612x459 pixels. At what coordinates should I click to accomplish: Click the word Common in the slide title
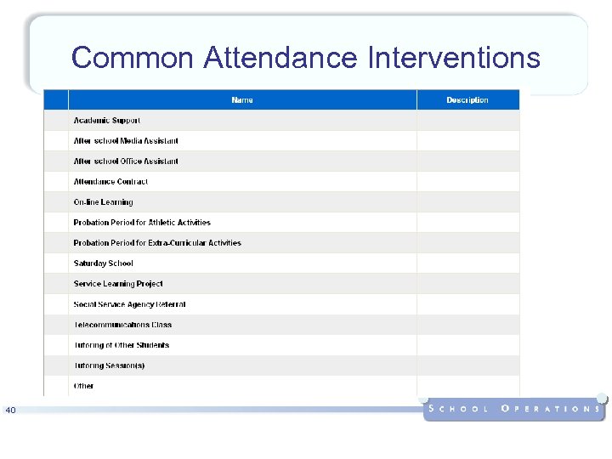(133, 58)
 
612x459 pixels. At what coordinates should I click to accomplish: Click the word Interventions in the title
(454, 58)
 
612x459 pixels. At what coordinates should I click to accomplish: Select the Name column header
(242, 100)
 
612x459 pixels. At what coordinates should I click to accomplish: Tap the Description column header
(467, 100)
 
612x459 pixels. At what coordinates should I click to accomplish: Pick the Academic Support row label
(107, 121)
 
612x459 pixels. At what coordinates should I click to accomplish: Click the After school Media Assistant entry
(126, 141)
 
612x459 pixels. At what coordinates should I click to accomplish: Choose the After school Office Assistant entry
(126, 161)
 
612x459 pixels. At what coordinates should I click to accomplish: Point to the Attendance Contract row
(110, 182)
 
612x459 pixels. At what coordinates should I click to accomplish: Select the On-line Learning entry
(104, 202)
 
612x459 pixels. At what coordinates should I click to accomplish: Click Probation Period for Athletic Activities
(142, 223)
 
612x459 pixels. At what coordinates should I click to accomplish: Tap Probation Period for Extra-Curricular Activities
(157, 243)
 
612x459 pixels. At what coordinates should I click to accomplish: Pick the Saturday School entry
(104, 263)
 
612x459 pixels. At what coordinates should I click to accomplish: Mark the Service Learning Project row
(118, 284)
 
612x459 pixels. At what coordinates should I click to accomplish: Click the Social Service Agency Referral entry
(129, 304)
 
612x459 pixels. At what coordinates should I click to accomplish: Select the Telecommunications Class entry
(122, 325)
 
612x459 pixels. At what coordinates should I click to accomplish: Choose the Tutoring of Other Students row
(122, 345)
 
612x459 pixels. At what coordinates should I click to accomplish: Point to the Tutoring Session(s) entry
(109, 365)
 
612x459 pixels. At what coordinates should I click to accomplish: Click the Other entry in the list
(83, 386)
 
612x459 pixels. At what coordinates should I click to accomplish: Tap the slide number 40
(10, 411)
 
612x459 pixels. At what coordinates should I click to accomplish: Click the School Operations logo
(514, 408)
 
